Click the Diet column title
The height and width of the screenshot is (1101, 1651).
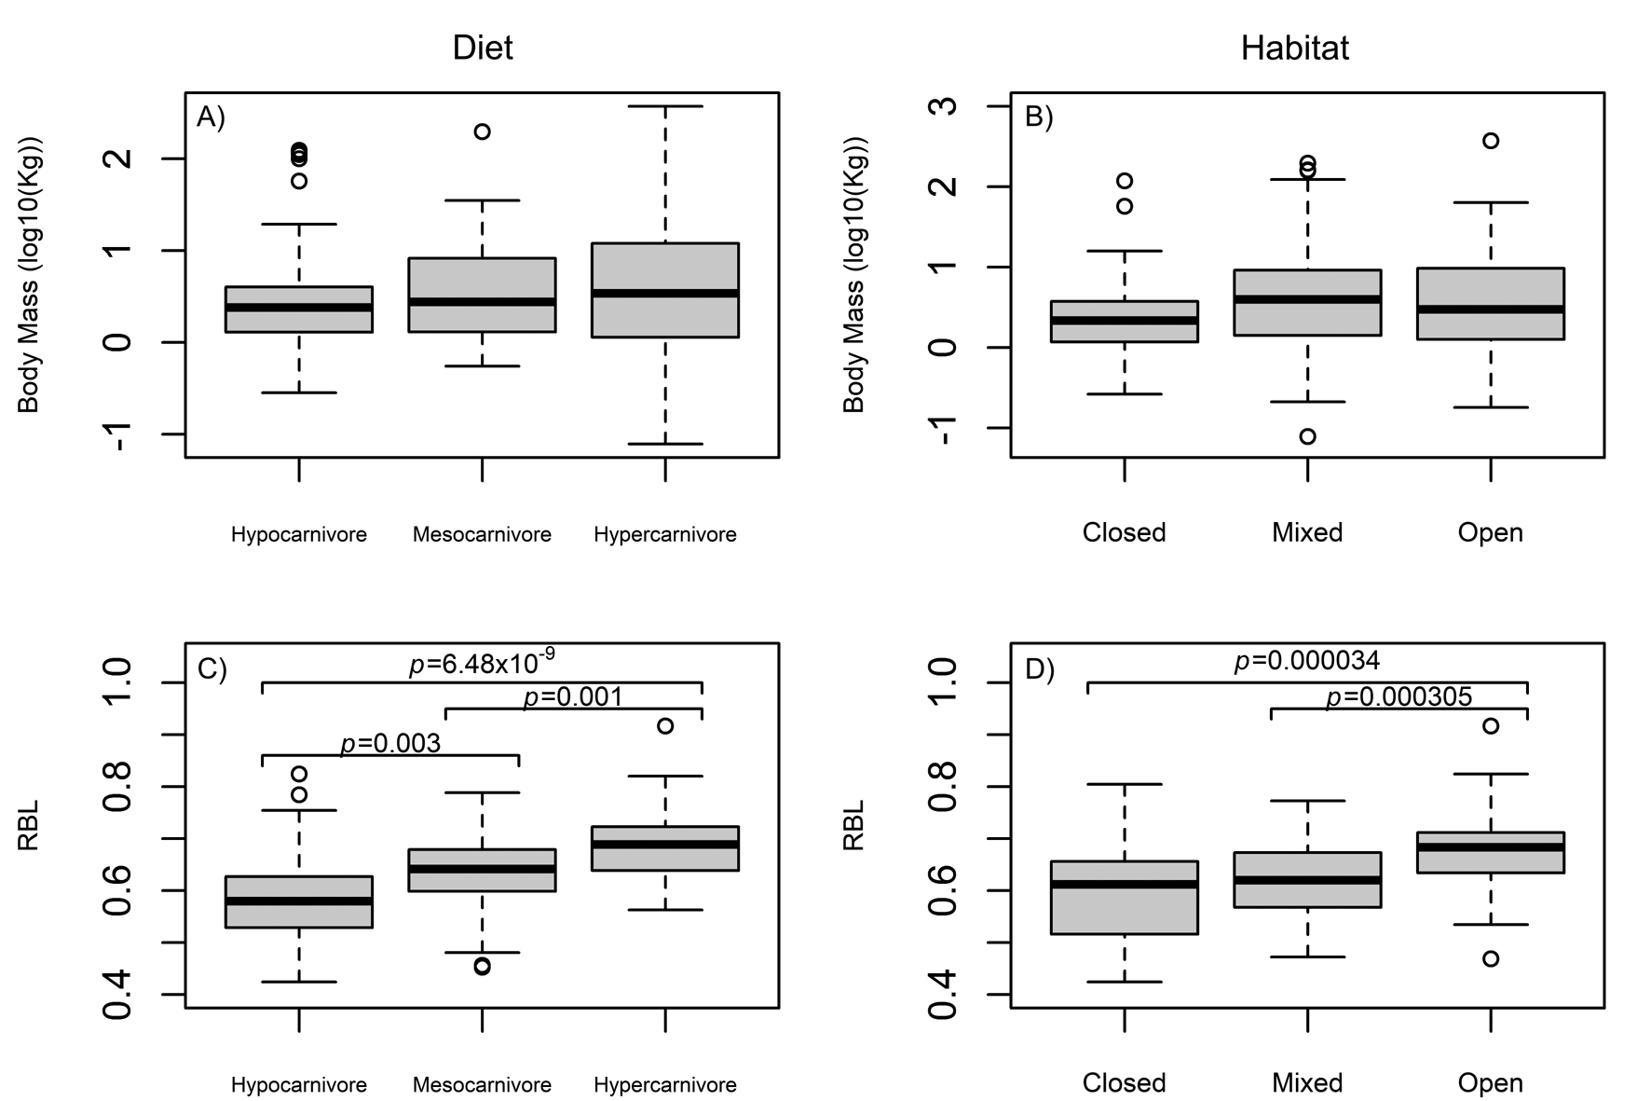(x=482, y=48)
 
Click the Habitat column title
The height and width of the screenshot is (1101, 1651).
(x=1294, y=48)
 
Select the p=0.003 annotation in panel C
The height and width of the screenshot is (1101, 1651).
(x=390, y=743)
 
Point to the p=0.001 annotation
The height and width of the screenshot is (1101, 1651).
(x=573, y=696)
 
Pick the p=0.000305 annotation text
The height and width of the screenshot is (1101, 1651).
(x=1399, y=696)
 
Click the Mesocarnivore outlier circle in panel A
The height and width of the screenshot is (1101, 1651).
(x=482, y=131)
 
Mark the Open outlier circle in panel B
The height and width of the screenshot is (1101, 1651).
(x=1491, y=141)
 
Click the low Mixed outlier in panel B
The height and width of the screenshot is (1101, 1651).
(x=1307, y=436)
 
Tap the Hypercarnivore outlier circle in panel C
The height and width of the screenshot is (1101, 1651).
(x=665, y=725)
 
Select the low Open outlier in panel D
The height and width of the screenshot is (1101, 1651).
(x=1491, y=958)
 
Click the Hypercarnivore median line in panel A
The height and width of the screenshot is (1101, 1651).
(x=665, y=293)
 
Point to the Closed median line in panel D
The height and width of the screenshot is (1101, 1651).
(x=1125, y=884)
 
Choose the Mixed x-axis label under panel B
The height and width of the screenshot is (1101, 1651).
(x=1307, y=532)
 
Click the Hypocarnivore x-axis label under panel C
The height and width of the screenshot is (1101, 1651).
(x=299, y=1085)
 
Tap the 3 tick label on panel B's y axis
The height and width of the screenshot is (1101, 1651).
(x=946, y=104)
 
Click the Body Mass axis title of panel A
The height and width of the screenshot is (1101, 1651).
(x=29, y=275)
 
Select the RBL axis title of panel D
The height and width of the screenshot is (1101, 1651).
(x=854, y=825)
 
